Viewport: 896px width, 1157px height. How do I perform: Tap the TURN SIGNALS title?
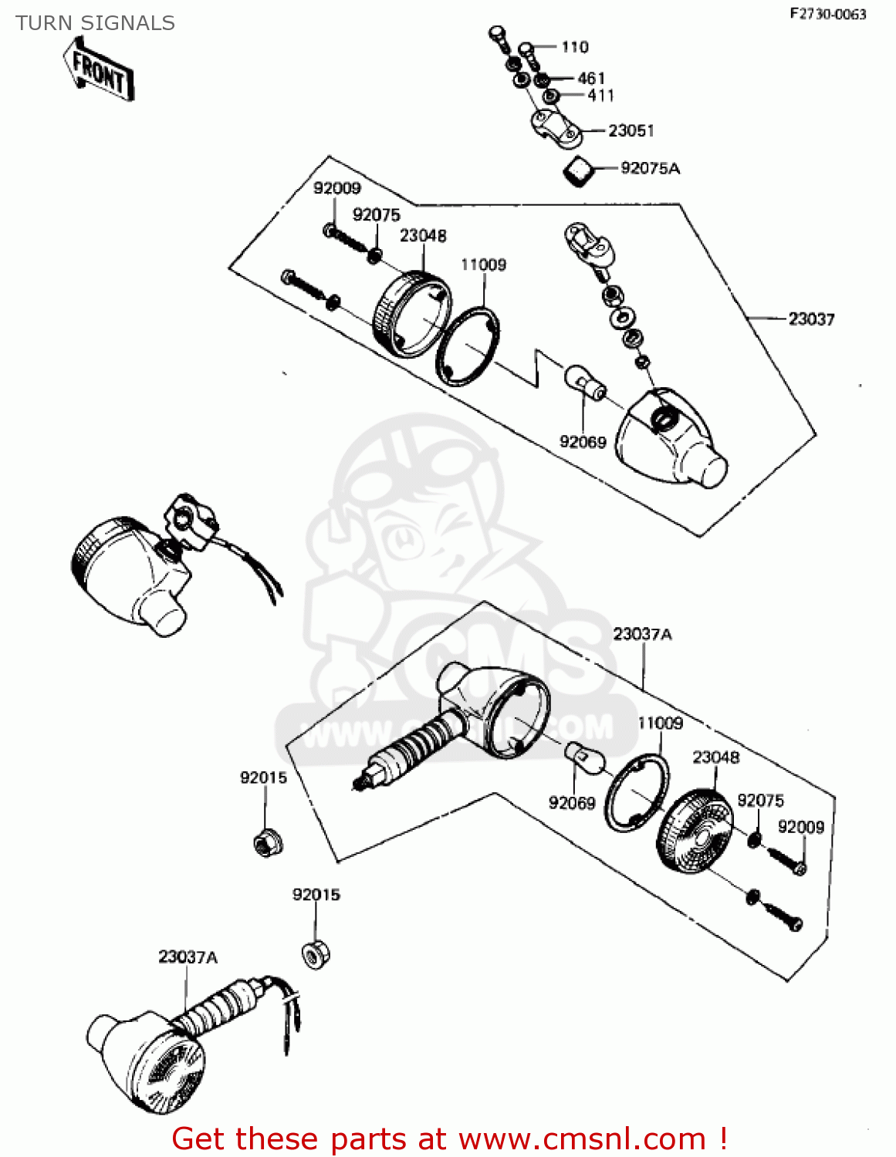tap(95, 23)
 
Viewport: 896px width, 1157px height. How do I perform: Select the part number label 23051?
tap(631, 130)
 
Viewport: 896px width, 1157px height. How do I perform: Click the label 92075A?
tap(650, 168)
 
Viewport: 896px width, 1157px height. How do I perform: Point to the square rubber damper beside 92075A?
tap(580, 170)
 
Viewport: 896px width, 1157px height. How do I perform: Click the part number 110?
tap(574, 47)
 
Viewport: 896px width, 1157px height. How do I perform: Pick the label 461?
tap(591, 78)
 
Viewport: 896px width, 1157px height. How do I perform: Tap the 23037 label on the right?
tap(811, 319)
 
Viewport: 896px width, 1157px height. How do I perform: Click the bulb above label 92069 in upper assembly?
tap(584, 383)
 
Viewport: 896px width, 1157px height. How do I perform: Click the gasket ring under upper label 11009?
tap(467, 346)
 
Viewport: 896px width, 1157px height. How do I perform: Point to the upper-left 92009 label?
tap(336, 188)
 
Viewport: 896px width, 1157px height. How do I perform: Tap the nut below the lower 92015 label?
tap(315, 955)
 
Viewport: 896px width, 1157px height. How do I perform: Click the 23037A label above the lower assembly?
tap(642, 634)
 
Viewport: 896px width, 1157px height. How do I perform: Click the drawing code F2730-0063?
tap(827, 14)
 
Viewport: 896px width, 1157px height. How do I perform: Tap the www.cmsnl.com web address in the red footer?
tap(582, 1138)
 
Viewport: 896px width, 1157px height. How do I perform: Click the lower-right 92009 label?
tap(800, 827)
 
